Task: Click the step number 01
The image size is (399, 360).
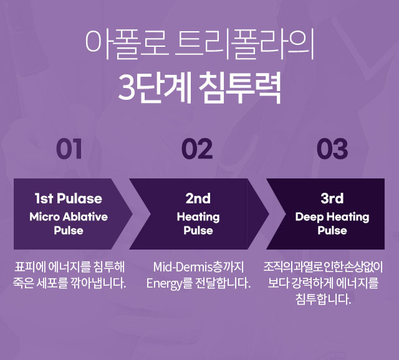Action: (x=69, y=149)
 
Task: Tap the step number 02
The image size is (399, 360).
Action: (x=197, y=149)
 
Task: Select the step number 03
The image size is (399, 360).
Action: (x=332, y=149)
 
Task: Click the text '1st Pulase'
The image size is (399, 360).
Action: (x=68, y=198)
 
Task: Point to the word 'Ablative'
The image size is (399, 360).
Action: (x=85, y=216)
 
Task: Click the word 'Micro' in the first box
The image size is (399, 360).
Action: (x=45, y=216)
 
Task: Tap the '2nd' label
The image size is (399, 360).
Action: (x=198, y=198)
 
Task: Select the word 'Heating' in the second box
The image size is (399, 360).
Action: (x=198, y=217)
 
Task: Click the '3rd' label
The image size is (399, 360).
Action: (x=332, y=198)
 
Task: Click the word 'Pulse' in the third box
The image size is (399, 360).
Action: (x=332, y=230)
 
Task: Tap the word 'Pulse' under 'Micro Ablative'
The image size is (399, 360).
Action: (x=69, y=230)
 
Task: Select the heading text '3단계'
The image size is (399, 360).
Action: (x=155, y=87)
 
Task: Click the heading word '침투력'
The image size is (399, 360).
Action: (x=239, y=87)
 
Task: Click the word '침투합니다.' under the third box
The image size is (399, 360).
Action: (x=323, y=299)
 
